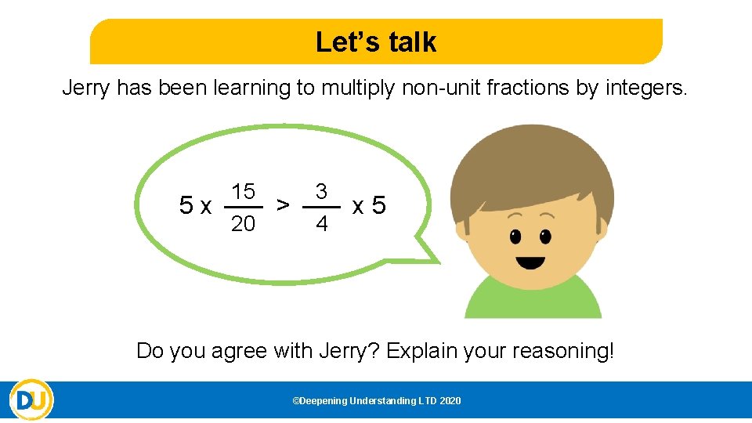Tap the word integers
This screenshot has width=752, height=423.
click(647, 89)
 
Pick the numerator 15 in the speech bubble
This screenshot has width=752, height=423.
click(243, 192)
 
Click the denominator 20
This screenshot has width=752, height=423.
click(243, 224)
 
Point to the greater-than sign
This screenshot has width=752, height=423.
click(283, 206)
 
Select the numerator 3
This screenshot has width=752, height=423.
click(321, 192)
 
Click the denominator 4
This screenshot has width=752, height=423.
click(321, 225)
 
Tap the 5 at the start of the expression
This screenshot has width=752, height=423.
click(186, 206)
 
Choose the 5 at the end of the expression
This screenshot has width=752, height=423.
click(378, 206)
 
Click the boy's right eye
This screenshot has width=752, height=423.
click(545, 235)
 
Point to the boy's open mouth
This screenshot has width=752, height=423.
click(530, 262)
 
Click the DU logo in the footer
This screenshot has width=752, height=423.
click(31, 400)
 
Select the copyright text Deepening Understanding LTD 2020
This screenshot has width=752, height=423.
click(376, 401)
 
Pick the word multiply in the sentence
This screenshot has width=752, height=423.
click(356, 89)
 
